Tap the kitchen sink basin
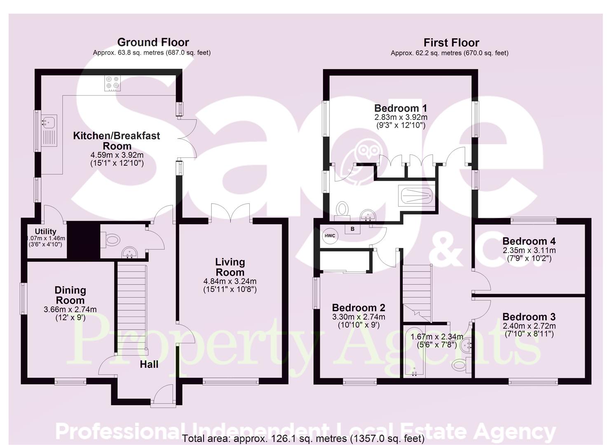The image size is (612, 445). (48, 122)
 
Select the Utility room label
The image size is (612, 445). (45, 232)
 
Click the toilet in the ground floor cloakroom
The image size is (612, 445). (111, 239)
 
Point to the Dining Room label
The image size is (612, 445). (70, 295)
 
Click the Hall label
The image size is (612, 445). (149, 364)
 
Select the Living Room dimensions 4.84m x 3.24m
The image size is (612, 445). (230, 281)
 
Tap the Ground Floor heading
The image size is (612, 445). (153, 42)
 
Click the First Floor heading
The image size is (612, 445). (451, 43)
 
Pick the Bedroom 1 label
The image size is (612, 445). (400, 108)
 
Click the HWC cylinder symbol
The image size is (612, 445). (330, 236)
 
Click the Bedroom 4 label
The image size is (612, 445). (529, 241)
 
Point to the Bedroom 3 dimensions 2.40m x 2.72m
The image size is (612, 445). (529, 326)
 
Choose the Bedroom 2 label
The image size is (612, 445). (358, 308)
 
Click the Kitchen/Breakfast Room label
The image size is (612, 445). (117, 141)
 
